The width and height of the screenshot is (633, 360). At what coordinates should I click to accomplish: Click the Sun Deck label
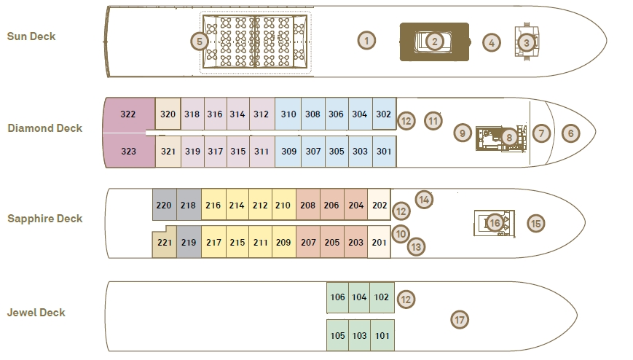click(x=31, y=36)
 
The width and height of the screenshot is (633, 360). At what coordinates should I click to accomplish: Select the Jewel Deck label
click(x=36, y=313)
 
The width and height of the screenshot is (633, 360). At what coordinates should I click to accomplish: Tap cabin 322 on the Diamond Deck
click(x=129, y=114)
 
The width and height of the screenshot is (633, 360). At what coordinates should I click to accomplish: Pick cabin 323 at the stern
click(x=129, y=151)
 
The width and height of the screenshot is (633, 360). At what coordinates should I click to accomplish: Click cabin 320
click(x=168, y=114)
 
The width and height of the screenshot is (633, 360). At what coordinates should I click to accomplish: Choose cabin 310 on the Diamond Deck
click(x=288, y=114)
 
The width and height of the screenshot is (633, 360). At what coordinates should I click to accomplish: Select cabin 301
click(x=384, y=151)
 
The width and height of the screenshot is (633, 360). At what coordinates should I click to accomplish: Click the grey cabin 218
click(x=189, y=205)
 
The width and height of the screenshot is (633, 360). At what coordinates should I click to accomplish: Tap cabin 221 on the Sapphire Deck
click(x=165, y=242)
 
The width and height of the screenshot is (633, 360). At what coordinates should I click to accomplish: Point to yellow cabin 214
click(x=237, y=205)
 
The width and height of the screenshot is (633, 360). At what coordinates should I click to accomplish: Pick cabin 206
click(x=332, y=205)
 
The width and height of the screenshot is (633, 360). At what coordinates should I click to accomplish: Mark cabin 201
click(x=379, y=242)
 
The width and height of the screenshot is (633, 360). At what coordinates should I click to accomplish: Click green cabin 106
click(x=337, y=297)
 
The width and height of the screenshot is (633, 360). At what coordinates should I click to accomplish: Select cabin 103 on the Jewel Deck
click(x=359, y=335)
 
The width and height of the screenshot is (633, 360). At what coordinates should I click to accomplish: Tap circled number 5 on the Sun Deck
click(x=200, y=42)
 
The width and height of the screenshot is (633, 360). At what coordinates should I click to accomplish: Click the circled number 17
click(x=460, y=320)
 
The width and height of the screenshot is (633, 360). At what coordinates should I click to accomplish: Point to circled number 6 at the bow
click(x=570, y=133)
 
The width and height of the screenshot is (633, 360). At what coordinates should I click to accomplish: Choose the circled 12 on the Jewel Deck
click(x=406, y=300)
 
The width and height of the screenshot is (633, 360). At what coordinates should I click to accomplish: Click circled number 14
click(x=424, y=200)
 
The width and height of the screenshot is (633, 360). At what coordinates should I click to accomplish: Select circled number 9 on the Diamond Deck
click(x=463, y=133)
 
